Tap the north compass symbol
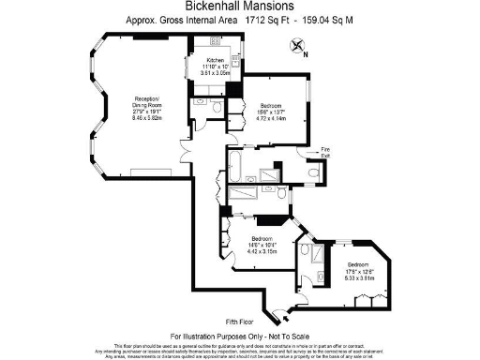coord(297,46)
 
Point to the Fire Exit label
coord(325,150)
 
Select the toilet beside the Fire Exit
coord(313,172)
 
